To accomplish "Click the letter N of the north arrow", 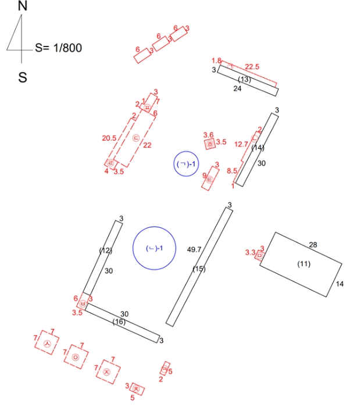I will [23, 6].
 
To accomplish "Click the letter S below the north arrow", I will [23, 77].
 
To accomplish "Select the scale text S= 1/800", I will [58, 48].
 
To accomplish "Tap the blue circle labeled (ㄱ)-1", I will [188, 165].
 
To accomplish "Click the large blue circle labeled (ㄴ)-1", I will [154, 248].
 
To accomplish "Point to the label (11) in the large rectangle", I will [304, 264].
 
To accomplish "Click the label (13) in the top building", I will [245, 79].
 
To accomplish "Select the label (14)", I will [258, 148].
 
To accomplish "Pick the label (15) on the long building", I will [199, 269].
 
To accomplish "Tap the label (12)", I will [105, 251].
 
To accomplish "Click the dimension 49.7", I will [194, 249].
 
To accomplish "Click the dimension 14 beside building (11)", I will [340, 284].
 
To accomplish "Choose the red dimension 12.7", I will [241, 144].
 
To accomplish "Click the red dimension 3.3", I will [251, 252].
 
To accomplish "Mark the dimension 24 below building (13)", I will [237, 89].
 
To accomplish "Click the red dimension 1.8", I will [216, 60].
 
